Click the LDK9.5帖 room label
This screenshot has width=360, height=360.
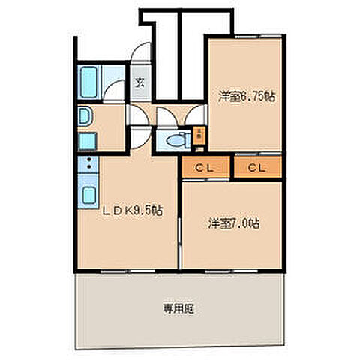pos(132,211)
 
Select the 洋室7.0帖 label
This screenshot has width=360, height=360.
pos(233,223)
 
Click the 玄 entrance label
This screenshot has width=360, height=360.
pos(139,82)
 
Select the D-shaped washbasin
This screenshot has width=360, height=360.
pos(83,116)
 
